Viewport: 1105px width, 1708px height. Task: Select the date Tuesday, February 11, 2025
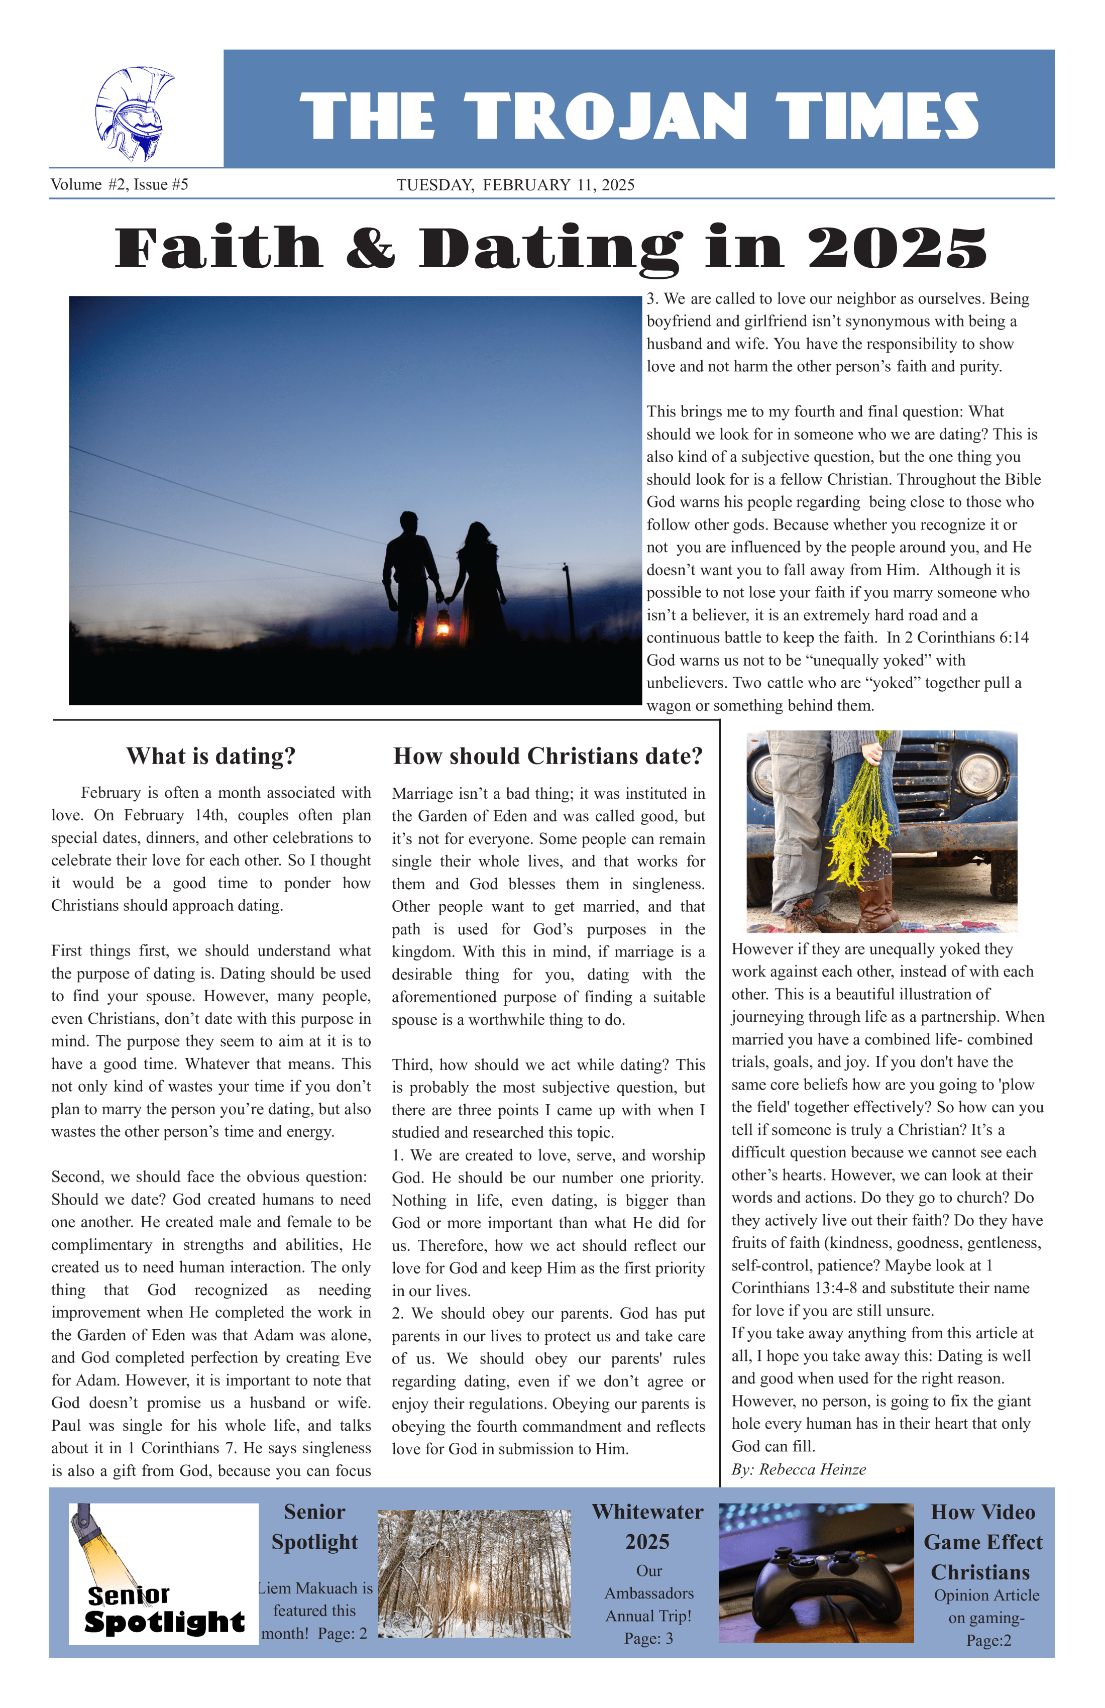click(515, 185)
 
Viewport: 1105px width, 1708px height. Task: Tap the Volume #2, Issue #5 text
click(119, 184)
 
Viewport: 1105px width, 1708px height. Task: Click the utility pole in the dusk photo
click(569, 603)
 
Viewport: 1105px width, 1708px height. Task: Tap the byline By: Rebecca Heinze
click(799, 1469)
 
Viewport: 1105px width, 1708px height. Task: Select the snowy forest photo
click(474, 1573)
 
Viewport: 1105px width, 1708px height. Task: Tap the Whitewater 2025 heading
click(647, 1527)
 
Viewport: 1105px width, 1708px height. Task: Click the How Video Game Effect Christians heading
click(982, 1542)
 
